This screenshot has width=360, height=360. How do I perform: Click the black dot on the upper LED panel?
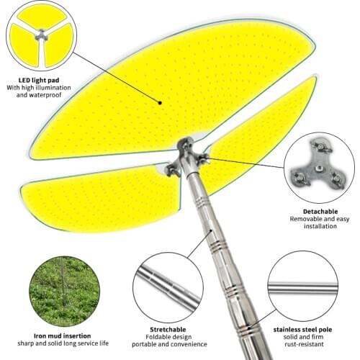pyautogui.click(x=160, y=103)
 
